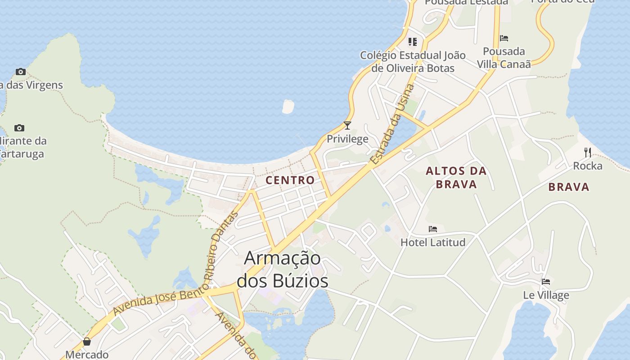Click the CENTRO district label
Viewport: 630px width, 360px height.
(x=290, y=180)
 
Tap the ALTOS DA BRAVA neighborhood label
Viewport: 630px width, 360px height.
(x=456, y=177)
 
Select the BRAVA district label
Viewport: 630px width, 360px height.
(x=569, y=187)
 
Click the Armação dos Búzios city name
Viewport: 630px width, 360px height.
(x=282, y=270)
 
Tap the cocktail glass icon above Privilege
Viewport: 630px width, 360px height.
(x=347, y=126)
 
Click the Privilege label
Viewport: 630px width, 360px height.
(x=347, y=139)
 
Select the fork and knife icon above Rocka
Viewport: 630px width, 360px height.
(x=587, y=152)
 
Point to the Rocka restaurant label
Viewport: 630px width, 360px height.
(x=587, y=166)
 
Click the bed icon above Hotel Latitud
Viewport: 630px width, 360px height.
(x=433, y=229)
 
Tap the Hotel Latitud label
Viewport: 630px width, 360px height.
(x=433, y=243)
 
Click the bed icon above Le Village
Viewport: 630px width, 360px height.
(x=546, y=282)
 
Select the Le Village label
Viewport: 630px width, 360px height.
(x=546, y=296)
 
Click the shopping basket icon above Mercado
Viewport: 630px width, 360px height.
(x=87, y=342)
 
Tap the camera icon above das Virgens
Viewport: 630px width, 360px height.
(x=20, y=72)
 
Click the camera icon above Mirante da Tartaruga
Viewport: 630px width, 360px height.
(x=19, y=128)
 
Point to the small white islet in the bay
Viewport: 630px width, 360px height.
(x=288, y=107)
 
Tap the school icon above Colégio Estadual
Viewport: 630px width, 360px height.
(x=413, y=42)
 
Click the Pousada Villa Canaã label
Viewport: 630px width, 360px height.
(x=504, y=58)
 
